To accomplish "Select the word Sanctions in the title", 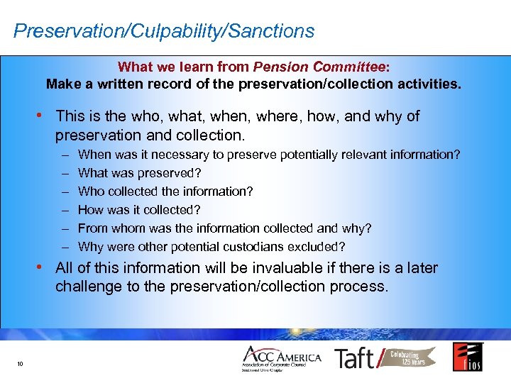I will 275,31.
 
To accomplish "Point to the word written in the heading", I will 117,84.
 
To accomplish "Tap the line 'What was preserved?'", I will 140,173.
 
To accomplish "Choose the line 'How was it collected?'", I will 139,210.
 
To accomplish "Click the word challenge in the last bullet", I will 87,287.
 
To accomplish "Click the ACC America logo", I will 282,358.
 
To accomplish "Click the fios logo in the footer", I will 468,357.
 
